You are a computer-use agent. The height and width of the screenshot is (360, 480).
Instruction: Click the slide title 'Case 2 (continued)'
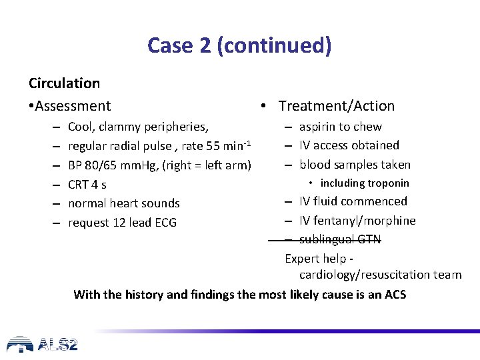[239, 45]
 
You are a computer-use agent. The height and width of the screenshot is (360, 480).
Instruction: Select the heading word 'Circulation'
[64, 83]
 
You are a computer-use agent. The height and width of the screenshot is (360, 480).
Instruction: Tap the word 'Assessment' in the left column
[73, 106]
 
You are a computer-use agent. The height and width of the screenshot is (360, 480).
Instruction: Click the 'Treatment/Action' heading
[336, 106]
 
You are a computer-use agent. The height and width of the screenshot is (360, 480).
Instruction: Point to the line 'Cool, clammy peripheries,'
[138, 127]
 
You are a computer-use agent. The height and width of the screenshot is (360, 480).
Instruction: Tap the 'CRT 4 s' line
[87, 184]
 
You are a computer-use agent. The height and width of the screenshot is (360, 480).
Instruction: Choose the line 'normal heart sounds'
[124, 203]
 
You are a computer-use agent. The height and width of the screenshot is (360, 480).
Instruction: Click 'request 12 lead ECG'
[122, 223]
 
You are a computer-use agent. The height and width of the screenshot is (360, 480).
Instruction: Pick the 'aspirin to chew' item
[340, 127]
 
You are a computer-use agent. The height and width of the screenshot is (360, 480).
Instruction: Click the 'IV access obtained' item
[349, 145]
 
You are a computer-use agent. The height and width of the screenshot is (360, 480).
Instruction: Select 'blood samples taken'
[355, 165]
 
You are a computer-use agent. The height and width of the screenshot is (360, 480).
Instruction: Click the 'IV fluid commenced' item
[353, 201]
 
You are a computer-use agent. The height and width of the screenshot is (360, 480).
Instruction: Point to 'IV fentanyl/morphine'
[357, 221]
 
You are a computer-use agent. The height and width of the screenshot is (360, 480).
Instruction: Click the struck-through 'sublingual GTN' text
[340, 239]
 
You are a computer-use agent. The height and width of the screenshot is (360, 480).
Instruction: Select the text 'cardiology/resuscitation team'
[380, 275]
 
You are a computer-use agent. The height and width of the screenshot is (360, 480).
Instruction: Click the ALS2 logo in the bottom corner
[42, 344]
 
